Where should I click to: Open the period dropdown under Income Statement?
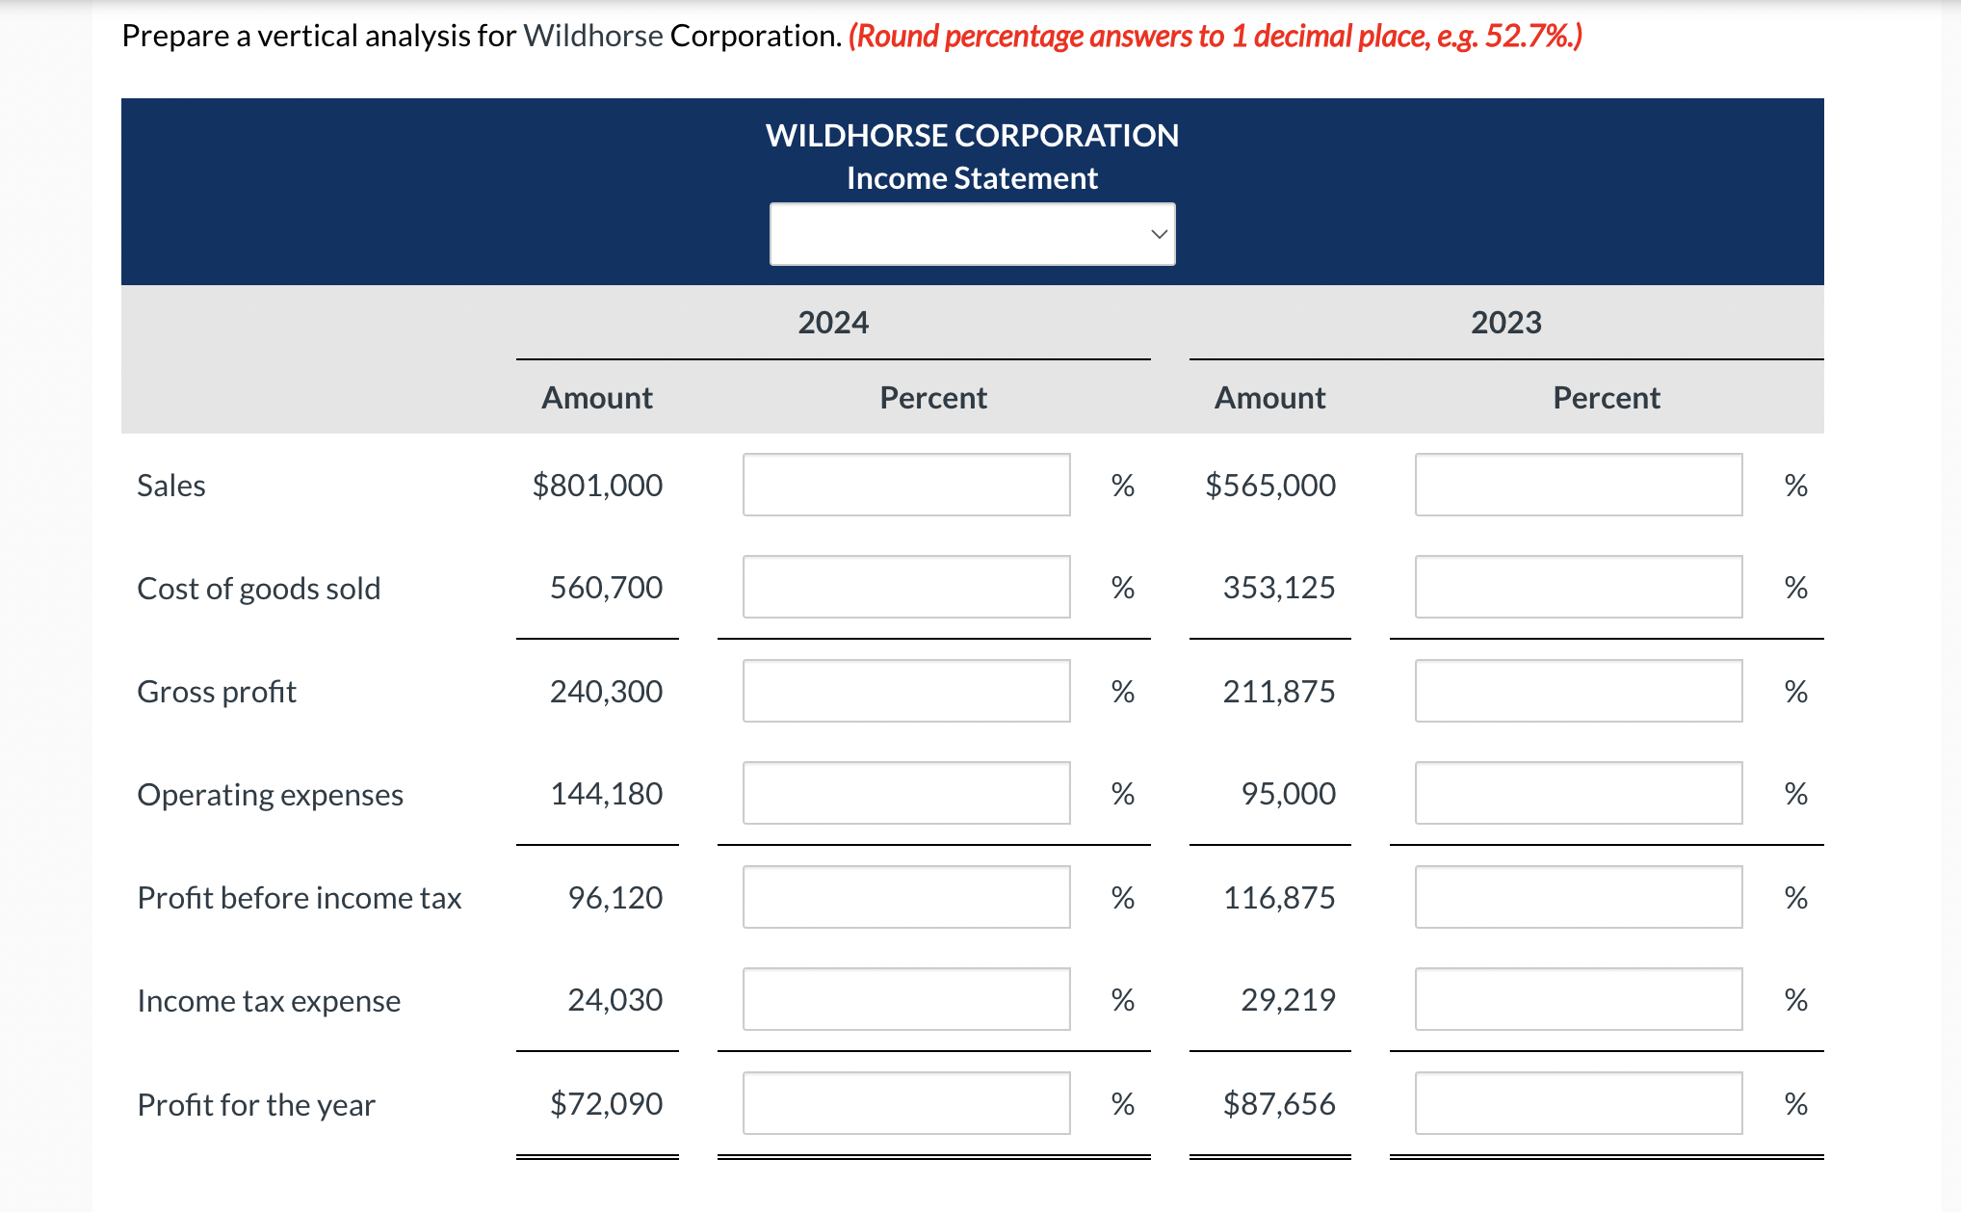[x=972, y=234]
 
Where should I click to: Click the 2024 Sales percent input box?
[x=905, y=485]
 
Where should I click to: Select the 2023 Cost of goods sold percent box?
[x=1578, y=587]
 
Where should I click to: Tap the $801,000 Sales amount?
[x=597, y=485]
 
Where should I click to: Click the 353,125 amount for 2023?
[x=1278, y=587]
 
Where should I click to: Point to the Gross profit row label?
[x=217, y=691]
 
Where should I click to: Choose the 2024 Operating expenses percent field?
[x=905, y=793]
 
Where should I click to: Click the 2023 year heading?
[x=1505, y=322]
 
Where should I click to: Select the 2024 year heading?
[x=833, y=322]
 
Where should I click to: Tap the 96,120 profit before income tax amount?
[x=614, y=897]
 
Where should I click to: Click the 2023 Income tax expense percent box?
[x=1578, y=999]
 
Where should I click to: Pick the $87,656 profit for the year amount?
[x=1278, y=1103]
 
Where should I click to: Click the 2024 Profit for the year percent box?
[x=905, y=1103]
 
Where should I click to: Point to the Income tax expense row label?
[x=269, y=1000]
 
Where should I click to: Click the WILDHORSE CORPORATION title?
[x=972, y=135]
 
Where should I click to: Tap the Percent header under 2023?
[x=1606, y=397]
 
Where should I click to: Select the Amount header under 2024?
[x=596, y=397]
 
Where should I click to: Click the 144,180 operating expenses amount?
[x=606, y=793]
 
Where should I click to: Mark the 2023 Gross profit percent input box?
[x=1578, y=691]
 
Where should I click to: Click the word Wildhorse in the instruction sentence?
[x=592, y=36]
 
